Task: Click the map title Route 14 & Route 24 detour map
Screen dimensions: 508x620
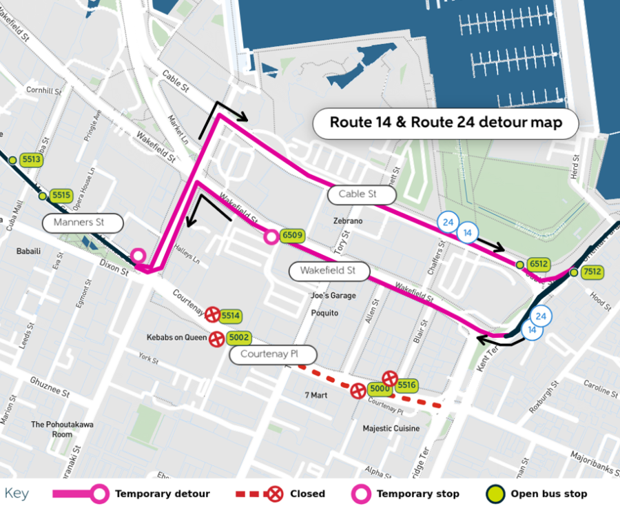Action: point(446,123)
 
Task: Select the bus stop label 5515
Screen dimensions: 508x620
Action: point(61,195)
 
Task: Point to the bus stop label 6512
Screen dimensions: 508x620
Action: point(538,264)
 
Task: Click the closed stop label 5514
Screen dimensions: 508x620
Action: point(231,316)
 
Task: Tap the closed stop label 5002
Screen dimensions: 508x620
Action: point(239,338)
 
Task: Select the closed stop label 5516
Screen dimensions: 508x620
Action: point(406,385)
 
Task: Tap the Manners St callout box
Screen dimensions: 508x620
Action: point(83,223)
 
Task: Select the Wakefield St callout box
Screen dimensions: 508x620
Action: point(327,271)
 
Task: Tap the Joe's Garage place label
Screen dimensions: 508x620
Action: point(333,296)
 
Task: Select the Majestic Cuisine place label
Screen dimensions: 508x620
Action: point(391,428)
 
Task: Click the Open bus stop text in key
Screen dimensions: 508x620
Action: point(548,494)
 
